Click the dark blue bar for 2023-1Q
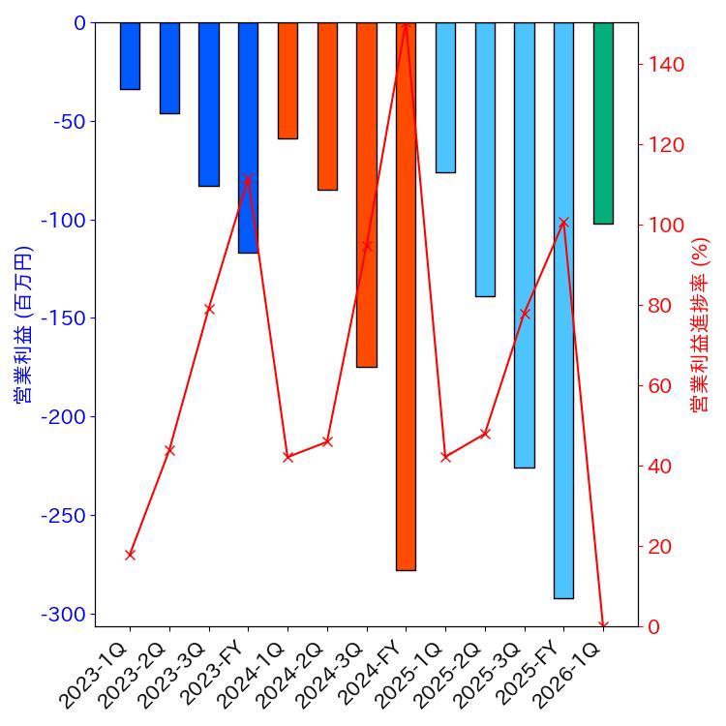pyautogui.click(x=130, y=56)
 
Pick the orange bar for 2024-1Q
pyautogui.click(x=287, y=80)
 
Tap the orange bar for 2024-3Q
pyautogui.click(x=366, y=194)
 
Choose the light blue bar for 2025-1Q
pyautogui.click(x=445, y=97)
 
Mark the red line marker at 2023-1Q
pyautogui.click(x=130, y=555)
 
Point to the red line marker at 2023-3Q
pyautogui.click(x=209, y=309)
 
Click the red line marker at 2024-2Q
pyautogui.click(x=327, y=441)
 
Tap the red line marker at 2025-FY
pyautogui.click(x=563, y=223)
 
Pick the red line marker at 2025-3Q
pyautogui.click(x=525, y=314)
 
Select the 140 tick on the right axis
pyautogui.click(x=667, y=65)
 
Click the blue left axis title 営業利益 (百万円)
pyautogui.click(x=23, y=324)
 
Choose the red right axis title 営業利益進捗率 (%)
pyautogui.click(x=700, y=324)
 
